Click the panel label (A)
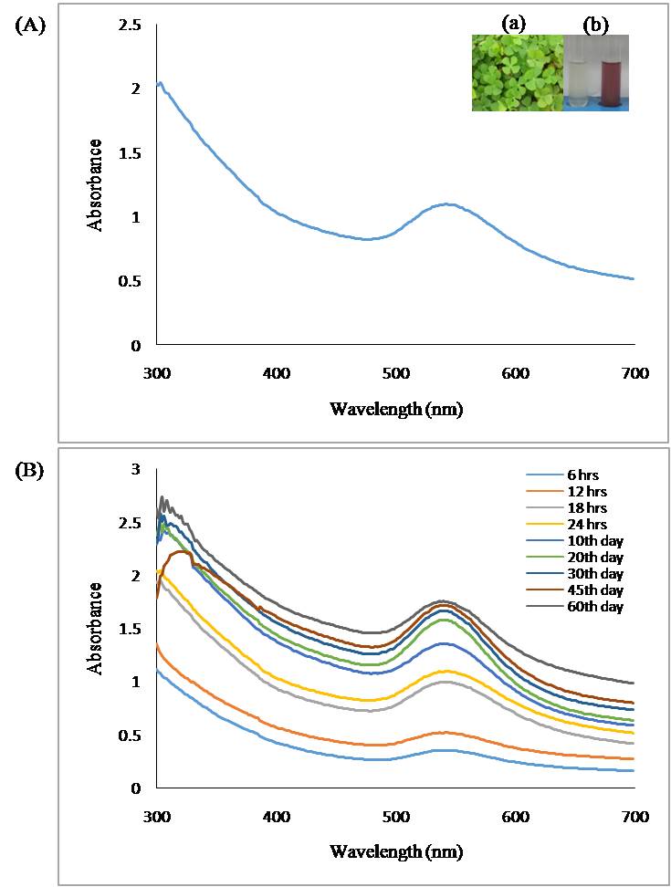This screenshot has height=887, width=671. (x=30, y=26)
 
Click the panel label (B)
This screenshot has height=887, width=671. (x=30, y=472)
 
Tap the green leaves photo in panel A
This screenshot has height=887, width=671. (x=516, y=73)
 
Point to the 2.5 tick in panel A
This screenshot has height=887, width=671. (x=131, y=26)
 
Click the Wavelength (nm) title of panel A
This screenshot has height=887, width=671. (x=395, y=409)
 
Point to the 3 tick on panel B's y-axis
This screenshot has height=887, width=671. (x=136, y=469)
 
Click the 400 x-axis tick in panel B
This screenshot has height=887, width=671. (x=276, y=816)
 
